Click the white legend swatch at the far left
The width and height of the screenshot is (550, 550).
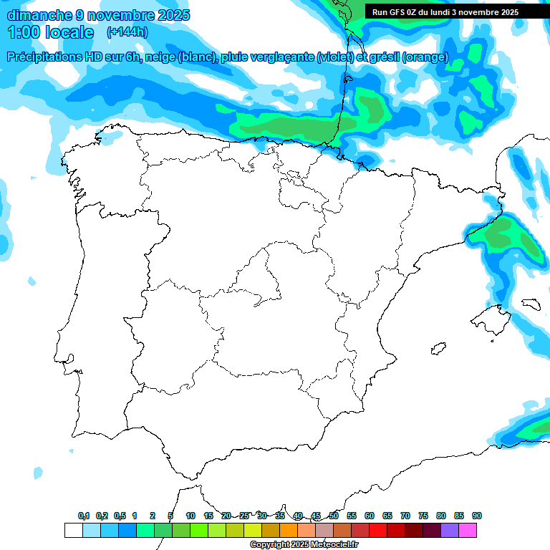coord(73,530)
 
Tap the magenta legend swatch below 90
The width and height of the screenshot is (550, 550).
coord(468,530)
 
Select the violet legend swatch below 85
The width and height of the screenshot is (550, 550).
coord(450,530)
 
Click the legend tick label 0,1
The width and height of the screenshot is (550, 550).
coord(84,516)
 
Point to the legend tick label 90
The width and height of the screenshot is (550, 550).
coord(476,516)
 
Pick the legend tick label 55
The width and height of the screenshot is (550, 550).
coord(352,516)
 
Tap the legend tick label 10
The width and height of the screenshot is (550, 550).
coord(190,516)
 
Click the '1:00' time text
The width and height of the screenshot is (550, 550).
coord(24,32)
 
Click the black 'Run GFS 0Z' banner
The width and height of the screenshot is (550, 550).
coord(445,12)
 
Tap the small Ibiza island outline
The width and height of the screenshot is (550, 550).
coord(437,349)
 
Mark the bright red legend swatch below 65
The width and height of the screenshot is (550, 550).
coord(378,530)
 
